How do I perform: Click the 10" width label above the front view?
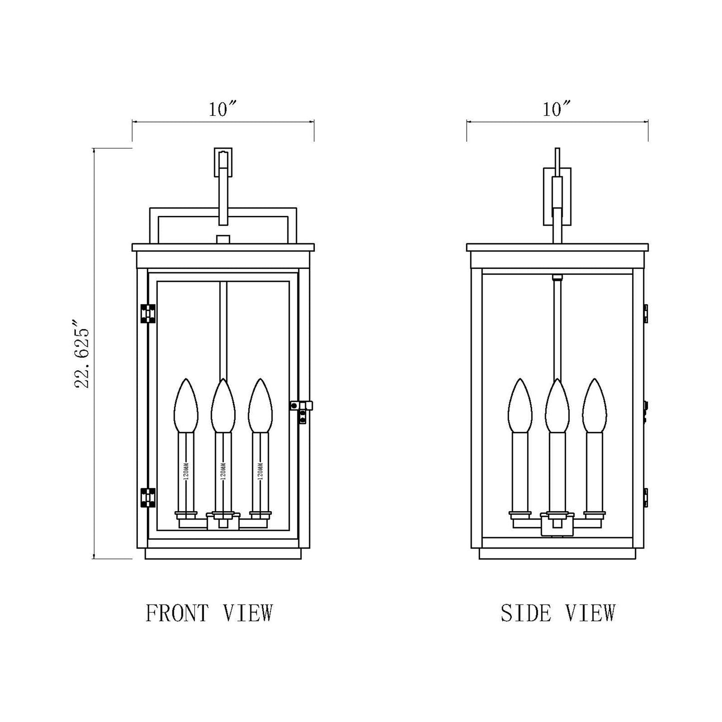pyautogui.click(x=222, y=109)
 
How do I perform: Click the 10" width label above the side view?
pyautogui.click(x=557, y=109)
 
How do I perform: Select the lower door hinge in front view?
pyautogui.click(x=147, y=498)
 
